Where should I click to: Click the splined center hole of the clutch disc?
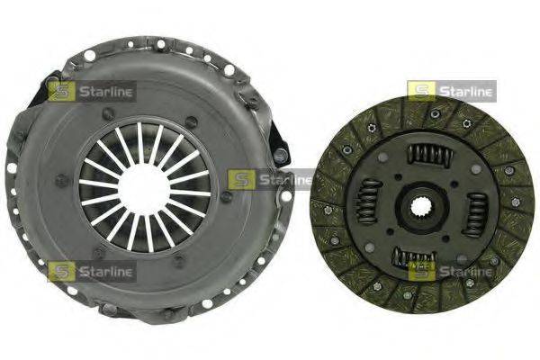pos(422,207)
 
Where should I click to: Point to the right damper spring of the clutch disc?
pos(476,215)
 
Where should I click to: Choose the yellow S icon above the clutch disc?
pos(420,91)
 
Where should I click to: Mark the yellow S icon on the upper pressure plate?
pos(62,91)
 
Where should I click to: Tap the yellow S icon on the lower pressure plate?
pos(62,271)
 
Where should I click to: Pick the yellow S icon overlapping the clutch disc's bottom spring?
pos(420,271)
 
